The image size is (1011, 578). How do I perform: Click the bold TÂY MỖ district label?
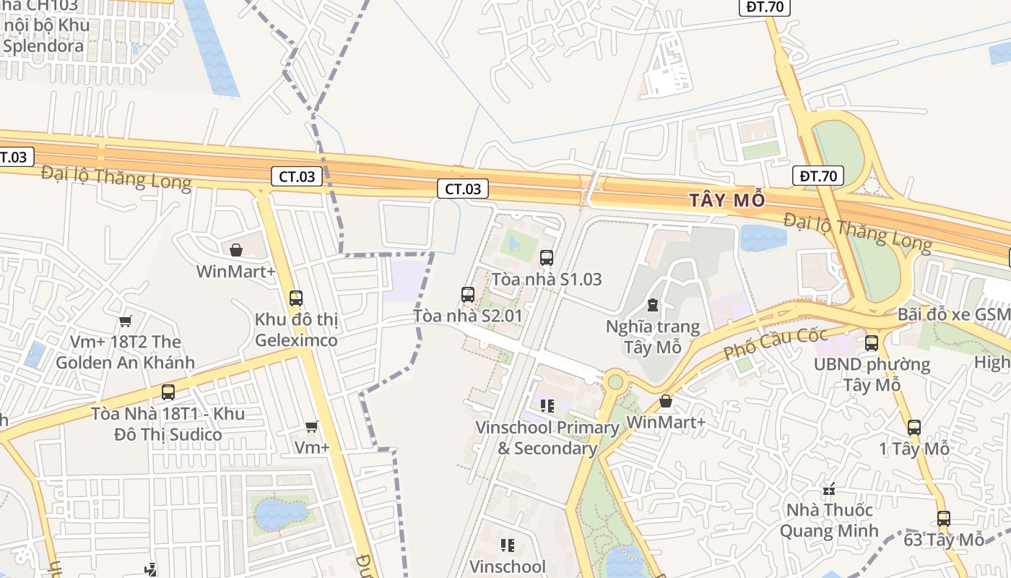click(726, 200)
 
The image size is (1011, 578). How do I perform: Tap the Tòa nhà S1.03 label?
click(546, 279)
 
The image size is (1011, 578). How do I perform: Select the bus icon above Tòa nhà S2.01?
click(468, 295)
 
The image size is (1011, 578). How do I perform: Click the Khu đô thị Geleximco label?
click(296, 329)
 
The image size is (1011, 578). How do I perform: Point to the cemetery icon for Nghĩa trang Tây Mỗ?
click(653, 305)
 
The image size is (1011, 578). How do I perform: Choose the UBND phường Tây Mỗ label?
click(872, 374)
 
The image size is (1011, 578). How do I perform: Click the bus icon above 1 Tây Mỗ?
click(914, 428)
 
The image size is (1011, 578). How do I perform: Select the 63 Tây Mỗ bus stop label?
click(944, 540)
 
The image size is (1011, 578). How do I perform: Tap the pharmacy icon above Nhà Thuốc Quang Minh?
click(829, 489)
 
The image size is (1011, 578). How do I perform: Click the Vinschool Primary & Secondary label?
click(547, 438)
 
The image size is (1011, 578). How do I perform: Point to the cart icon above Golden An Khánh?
click(126, 321)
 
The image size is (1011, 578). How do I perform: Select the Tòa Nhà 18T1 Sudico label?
click(168, 424)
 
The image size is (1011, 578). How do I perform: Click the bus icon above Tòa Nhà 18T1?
click(168, 392)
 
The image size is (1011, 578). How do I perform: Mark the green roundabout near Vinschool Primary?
click(615, 381)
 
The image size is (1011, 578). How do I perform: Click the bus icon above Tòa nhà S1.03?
click(547, 257)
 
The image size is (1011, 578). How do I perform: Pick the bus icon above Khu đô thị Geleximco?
click(295, 298)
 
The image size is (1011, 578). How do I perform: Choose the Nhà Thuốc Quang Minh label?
click(829, 520)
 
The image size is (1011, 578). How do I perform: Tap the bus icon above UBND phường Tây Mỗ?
click(872, 343)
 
